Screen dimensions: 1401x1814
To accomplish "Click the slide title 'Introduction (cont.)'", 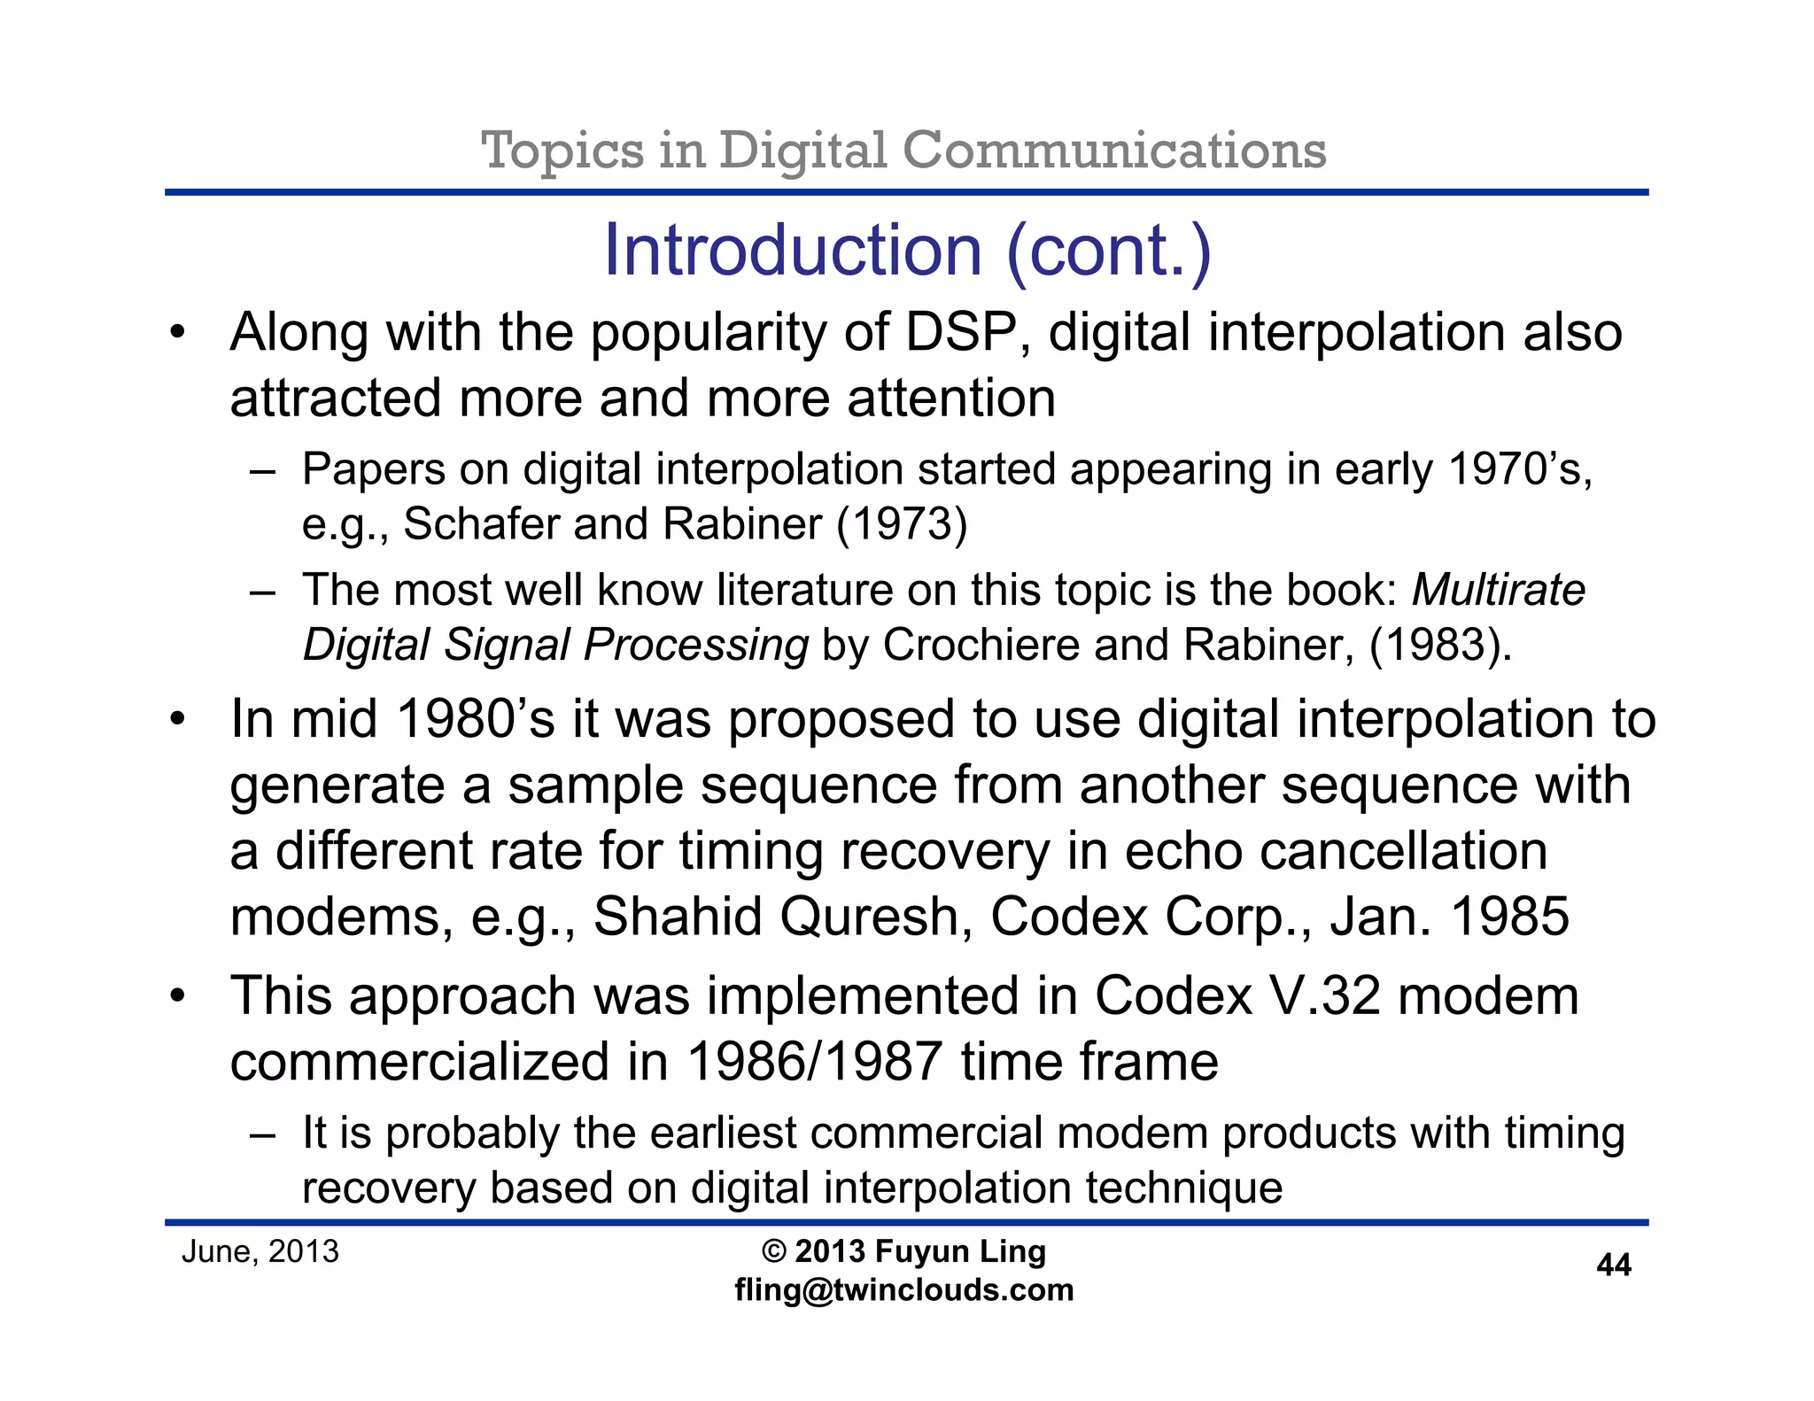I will click(x=907, y=252).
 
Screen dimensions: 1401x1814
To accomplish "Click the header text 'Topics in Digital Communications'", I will click(x=903, y=150).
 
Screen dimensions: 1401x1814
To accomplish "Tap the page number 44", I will click(x=1613, y=1265).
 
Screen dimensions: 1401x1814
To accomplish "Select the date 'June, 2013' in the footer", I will click(x=260, y=1251).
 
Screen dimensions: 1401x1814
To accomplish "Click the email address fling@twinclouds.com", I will click(x=903, y=1289).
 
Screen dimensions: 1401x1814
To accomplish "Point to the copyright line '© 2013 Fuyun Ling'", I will click(x=903, y=1251).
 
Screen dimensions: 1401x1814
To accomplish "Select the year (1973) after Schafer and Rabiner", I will click(x=902, y=523).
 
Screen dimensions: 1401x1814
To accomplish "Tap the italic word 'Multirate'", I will click(x=1498, y=590).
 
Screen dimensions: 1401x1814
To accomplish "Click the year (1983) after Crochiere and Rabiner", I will click(x=1439, y=645).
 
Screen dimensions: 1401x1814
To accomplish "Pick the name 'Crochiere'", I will click(x=981, y=645).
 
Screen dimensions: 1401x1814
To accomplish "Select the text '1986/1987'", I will click(x=814, y=1062).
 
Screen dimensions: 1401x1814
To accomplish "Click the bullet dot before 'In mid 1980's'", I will click(x=178, y=719).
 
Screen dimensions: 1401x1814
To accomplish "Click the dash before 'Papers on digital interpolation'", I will click(x=262, y=470).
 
